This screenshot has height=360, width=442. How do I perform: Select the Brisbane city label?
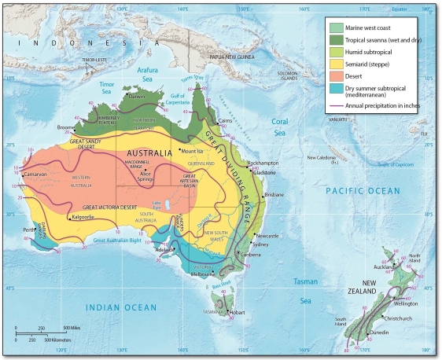274,193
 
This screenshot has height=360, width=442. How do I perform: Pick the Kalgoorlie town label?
83,215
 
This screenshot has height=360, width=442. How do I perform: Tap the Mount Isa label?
192,151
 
